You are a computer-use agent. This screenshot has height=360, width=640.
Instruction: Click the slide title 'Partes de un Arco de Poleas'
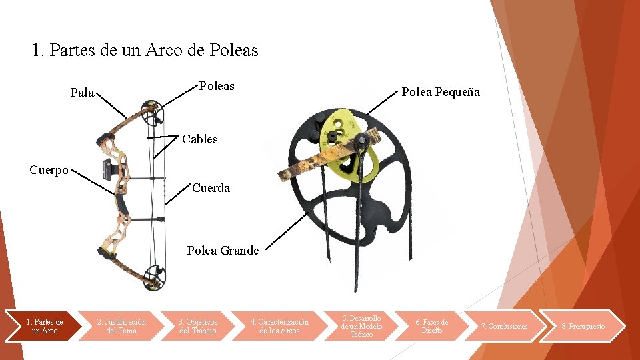point(145,50)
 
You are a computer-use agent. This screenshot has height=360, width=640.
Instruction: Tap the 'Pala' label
point(82,93)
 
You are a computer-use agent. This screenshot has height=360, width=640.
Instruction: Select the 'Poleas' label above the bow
point(217,86)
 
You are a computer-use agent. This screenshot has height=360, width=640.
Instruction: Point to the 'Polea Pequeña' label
point(440,93)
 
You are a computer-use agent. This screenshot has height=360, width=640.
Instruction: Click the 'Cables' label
point(200,139)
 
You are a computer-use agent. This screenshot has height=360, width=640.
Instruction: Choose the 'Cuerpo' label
point(49,170)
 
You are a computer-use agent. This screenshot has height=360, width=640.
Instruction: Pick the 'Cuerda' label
point(211,188)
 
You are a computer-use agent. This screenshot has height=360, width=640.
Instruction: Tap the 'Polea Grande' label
point(223,251)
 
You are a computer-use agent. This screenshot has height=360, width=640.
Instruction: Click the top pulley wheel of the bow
point(152,112)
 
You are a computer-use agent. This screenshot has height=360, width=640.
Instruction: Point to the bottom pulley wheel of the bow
point(153,275)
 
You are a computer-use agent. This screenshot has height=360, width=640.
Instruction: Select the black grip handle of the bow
point(120,200)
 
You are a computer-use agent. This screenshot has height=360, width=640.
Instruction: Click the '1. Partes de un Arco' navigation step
point(45,326)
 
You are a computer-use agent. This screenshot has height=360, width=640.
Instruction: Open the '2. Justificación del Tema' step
point(121,326)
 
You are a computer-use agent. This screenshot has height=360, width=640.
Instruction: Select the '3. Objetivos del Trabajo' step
point(197,326)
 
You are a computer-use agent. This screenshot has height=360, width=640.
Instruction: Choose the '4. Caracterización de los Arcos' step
point(279,326)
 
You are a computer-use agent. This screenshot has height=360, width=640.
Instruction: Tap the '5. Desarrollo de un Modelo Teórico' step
point(361,326)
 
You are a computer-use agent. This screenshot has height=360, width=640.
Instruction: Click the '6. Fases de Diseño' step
point(431,326)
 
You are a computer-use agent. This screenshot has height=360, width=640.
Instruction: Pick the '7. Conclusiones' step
point(504,326)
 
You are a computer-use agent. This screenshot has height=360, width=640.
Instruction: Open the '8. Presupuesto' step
point(583,326)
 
